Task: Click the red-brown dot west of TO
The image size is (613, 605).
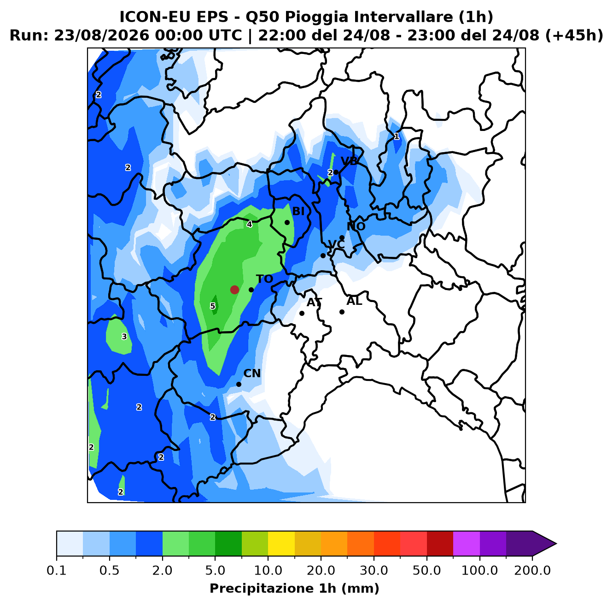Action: point(234,290)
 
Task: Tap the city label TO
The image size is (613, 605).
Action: point(264,279)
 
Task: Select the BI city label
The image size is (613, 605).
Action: point(298,211)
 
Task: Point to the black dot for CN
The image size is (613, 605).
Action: point(239,384)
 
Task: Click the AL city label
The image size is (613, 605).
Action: point(354,301)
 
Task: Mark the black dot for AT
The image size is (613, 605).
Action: point(302,313)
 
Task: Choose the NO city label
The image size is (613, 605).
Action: point(356,226)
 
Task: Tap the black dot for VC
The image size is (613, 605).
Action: point(323,255)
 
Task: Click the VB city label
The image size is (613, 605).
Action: point(349,161)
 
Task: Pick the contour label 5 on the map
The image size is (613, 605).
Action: point(212,306)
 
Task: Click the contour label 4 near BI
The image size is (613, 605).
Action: point(250,224)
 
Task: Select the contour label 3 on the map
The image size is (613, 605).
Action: point(124,337)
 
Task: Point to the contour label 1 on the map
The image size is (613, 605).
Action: point(397,136)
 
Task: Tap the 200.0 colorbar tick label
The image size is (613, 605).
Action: point(532,570)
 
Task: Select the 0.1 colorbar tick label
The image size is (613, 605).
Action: point(57,570)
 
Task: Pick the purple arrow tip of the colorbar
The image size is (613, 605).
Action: point(556,544)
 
